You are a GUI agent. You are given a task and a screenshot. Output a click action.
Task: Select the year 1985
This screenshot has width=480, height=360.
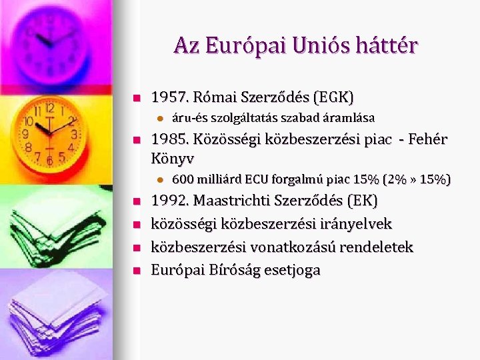click(x=167, y=139)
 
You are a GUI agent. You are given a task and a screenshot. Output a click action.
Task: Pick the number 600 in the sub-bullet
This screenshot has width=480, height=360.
click(x=183, y=179)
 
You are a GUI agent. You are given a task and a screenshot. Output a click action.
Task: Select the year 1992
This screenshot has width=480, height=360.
click(x=168, y=201)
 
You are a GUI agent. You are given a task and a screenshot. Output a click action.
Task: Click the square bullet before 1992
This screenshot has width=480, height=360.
click(x=136, y=201)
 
